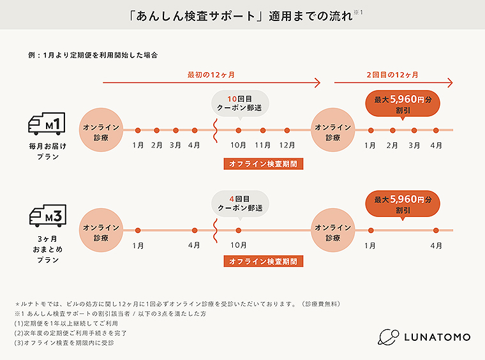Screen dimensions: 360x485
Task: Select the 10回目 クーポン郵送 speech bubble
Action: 239,103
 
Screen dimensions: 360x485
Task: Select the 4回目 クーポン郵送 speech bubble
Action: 239,202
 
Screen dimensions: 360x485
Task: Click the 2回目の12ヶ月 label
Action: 392,75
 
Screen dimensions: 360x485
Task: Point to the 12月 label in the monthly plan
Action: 287,146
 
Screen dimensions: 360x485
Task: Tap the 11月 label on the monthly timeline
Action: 263,146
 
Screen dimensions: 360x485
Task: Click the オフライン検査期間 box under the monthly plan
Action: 264,163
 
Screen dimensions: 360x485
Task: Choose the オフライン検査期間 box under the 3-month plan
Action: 264,261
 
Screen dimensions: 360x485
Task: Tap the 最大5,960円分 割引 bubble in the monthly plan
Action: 403,104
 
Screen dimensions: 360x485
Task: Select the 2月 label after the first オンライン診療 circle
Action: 156,146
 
